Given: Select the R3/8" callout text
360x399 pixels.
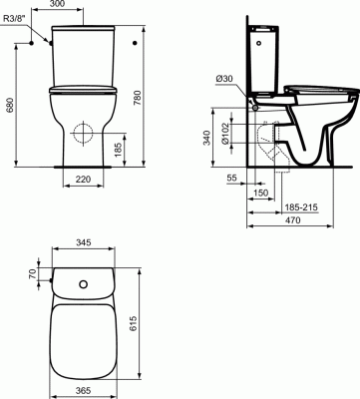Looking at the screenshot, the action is [14, 19].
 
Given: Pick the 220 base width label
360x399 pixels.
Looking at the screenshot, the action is [83, 180].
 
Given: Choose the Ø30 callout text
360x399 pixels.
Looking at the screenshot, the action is [224, 79].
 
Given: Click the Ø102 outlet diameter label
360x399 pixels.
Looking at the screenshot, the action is [225, 134].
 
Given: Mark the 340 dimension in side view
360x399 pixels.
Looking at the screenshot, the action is [206, 138].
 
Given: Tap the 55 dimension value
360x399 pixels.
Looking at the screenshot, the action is [231, 178].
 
